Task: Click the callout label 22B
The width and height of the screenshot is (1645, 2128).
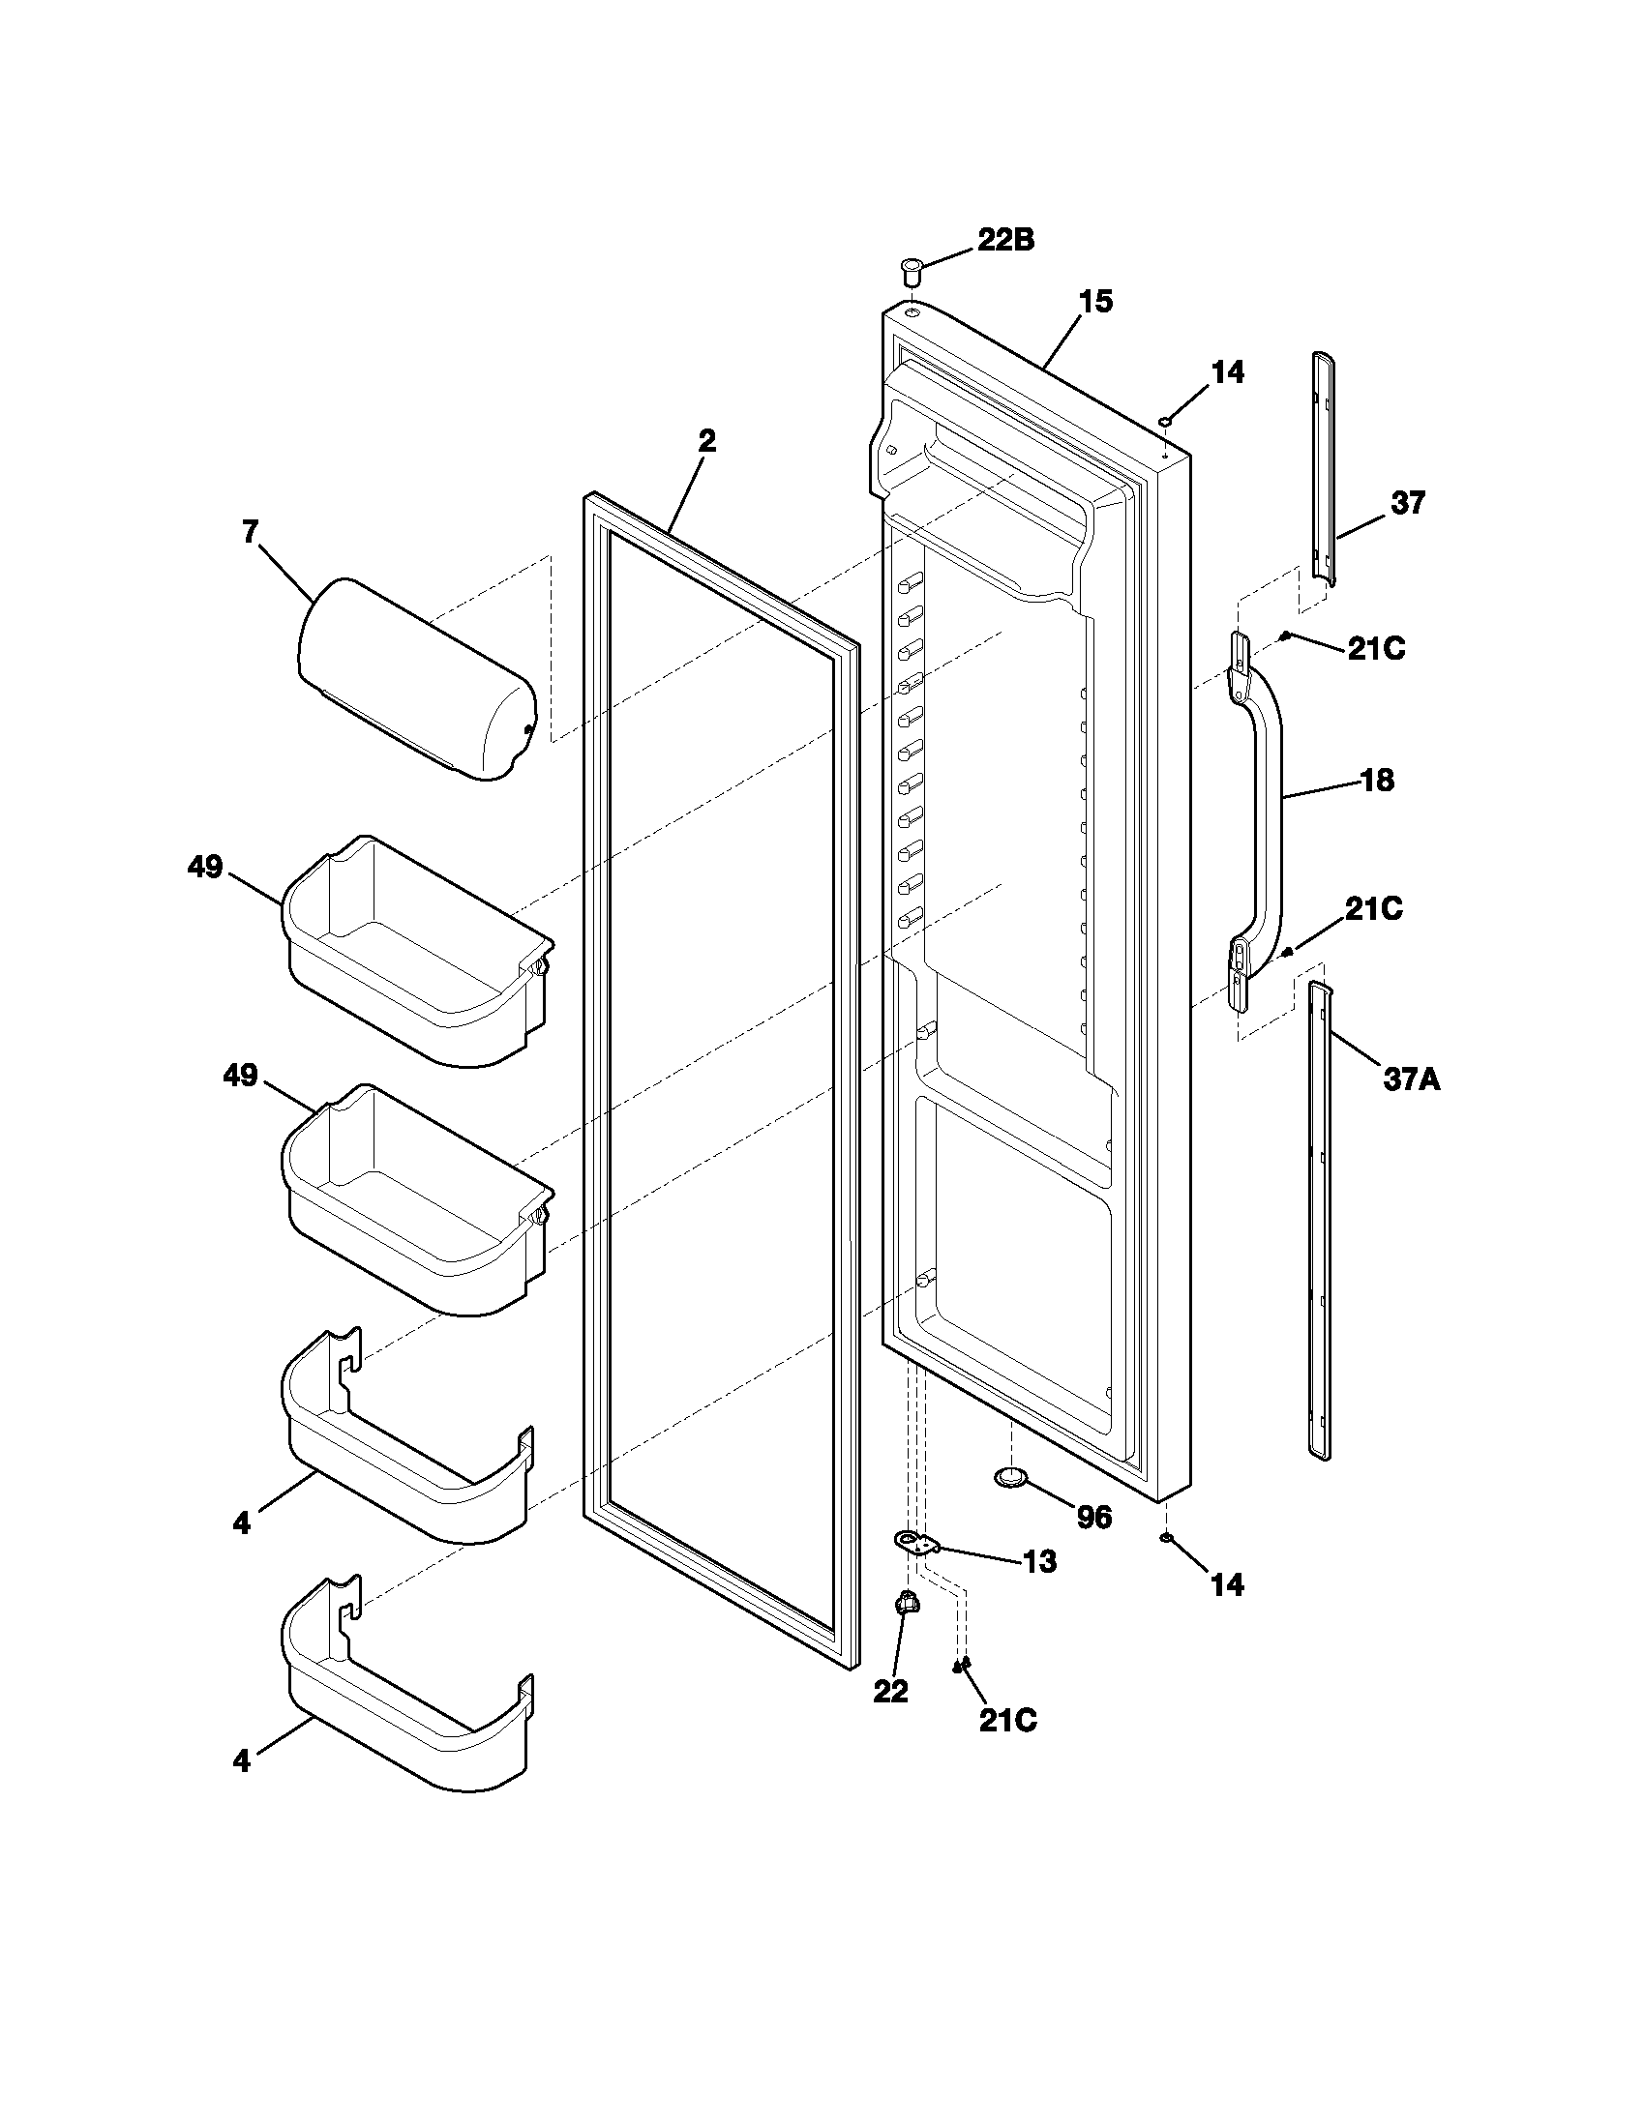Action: (1005, 240)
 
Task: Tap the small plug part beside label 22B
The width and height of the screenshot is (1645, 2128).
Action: (912, 269)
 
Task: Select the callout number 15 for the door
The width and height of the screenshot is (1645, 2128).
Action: (1095, 302)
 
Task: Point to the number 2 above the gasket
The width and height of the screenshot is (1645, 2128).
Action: (706, 441)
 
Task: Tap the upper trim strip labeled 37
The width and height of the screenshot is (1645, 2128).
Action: (1322, 468)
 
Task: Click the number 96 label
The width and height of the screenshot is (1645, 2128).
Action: (1093, 1518)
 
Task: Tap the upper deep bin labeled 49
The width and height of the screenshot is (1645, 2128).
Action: (414, 950)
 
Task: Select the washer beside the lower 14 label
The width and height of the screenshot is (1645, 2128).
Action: (1166, 1539)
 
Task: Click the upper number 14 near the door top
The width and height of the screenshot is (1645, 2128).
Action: (1228, 372)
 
